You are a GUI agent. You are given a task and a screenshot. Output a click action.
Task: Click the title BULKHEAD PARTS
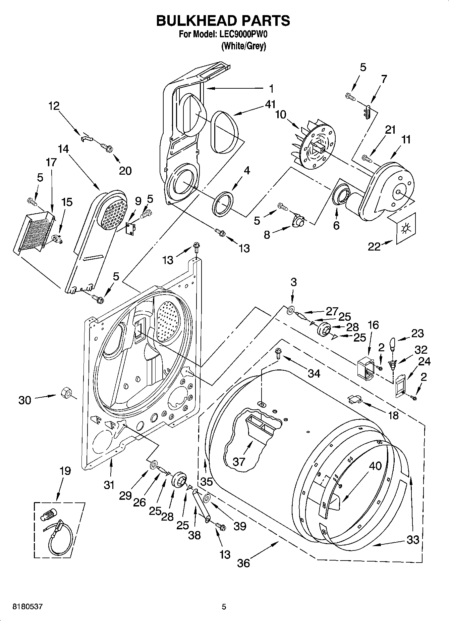click(x=223, y=20)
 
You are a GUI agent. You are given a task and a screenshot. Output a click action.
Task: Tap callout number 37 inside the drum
click(x=239, y=461)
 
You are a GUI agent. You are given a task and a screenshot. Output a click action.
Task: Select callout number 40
click(x=375, y=466)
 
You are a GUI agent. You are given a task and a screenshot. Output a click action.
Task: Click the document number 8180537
click(x=27, y=607)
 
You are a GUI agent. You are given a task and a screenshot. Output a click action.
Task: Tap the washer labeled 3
click(x=290, y=309)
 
